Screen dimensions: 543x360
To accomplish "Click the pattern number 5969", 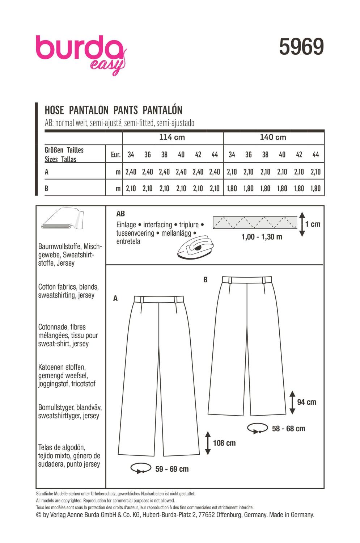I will (x=301, y=47).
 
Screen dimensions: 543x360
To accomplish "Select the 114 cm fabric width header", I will (x=172, y=137).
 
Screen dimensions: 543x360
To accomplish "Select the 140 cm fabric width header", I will (x=273, y=137).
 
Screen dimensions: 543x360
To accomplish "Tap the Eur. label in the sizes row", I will (x=115, y=155).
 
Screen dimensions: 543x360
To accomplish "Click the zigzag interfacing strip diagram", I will (x=255, y=223).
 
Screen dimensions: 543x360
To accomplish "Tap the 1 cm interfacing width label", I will (x=313, y=224).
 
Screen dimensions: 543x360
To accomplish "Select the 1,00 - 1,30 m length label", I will (x=262, y=237).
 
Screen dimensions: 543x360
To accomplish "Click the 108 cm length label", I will (x=224, y=443).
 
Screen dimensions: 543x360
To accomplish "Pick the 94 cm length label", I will (x=306, y=402).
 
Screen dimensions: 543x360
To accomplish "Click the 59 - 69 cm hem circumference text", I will (x=172, y=469).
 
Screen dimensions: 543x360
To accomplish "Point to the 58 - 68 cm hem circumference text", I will (x=288, y=429).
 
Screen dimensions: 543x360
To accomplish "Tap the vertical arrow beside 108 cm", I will (x=208, y=443).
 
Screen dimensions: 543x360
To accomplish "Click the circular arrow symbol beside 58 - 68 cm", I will (x=258, y=429).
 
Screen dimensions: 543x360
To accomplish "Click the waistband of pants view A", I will (x=159, y=299).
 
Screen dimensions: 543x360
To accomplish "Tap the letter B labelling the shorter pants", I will (x=206, y=280).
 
